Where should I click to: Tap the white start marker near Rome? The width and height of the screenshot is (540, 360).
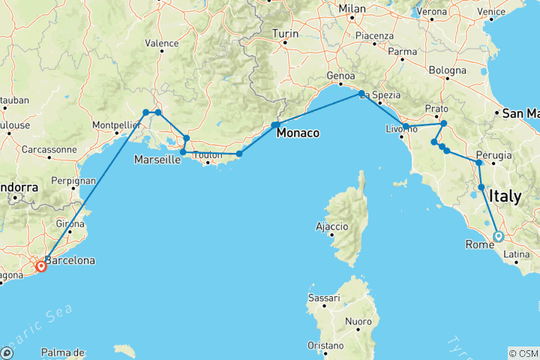499,237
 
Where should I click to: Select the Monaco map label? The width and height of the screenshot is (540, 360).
298,133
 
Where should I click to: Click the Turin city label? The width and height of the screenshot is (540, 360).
285,34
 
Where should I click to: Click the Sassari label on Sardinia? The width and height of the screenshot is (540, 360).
324,298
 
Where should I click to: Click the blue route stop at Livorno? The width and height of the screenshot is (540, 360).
405,127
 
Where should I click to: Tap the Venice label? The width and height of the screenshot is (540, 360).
511,12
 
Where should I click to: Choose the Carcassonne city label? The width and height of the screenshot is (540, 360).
49,149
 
